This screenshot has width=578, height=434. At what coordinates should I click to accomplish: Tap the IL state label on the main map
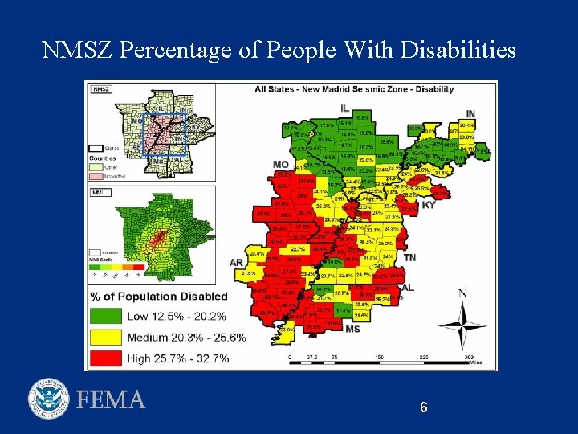pyautogui.click(x=344, y=108)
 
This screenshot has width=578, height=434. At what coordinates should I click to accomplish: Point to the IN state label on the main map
pyautogui.click(x=470, y=114)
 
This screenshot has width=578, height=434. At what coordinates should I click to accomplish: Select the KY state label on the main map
pyautogui.click(x=429, y=204)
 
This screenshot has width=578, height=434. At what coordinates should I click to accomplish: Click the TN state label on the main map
pyautogui.click(x=409, y=257)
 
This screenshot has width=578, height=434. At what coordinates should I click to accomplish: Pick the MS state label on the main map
pyautogui.click(x=352, y=328)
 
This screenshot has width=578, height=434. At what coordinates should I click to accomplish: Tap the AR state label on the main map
pyautogui.click(x=236, y=262)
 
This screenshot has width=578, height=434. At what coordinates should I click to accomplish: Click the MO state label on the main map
pyautogui.click(x=281, y=164)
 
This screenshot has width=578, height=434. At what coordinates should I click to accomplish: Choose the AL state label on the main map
pyautogui.click(x=408, y=287)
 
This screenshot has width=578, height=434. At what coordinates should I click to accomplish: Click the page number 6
pyautogui.click(x=423, y=407)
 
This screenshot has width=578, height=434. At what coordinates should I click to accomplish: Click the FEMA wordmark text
pyautogui.click(x=111, y=399)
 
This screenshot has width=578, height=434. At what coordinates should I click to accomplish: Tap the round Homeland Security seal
pyautogui.click(x=49, y=399)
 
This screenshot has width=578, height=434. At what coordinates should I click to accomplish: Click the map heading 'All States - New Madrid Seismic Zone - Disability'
pyautogui.click(x=354, y=89)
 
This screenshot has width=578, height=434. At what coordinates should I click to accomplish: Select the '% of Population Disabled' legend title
pyautogui.click(x=159, y=297)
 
